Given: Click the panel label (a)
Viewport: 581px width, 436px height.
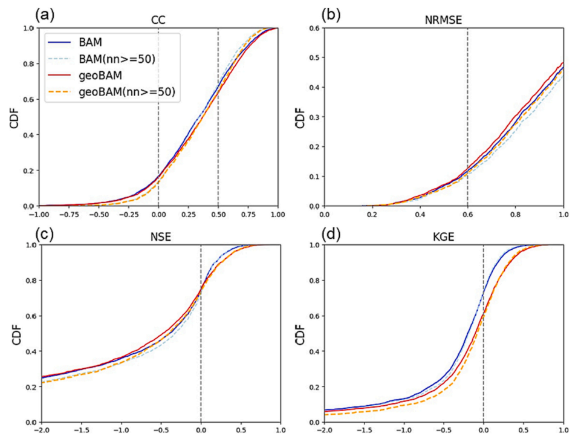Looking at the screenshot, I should pyautogui.click(x=47, y=13).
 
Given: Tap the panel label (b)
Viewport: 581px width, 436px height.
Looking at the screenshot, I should pyautogui.click(x=333, y=13).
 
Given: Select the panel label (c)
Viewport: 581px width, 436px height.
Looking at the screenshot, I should pyautogui.click(x=47, y=232).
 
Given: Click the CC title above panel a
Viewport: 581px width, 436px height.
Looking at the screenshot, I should pyautogui.click(x=158, y=21).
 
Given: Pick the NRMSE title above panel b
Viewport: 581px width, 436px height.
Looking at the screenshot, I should pyautogui.click(x=443, y=21).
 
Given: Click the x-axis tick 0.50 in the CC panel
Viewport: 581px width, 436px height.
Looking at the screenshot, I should pyautogui.click(x=218, y=213).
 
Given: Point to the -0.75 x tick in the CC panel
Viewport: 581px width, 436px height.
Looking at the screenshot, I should pyautogui.click(x=69, y=213).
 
